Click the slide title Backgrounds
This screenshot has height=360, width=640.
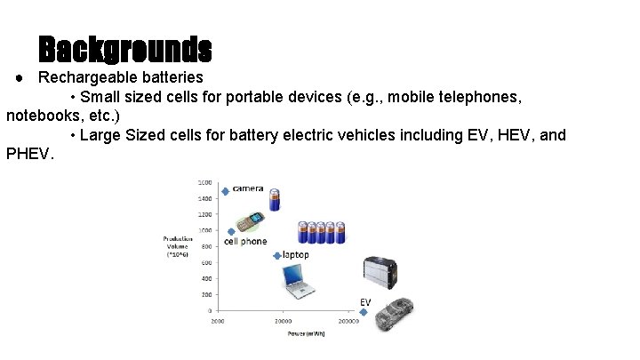[x=125, y=48]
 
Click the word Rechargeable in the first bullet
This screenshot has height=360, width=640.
[x=80, y=77]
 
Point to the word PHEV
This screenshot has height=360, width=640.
[x=28, y=155]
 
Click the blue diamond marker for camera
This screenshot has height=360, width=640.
[x=226, y=191]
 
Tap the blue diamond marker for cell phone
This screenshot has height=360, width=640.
[x=231, y=232]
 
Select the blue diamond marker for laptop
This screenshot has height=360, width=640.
[x=277, y=256]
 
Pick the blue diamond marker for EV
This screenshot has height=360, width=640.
[x=364, y=312]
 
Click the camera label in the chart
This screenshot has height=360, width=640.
[x=248, y=189]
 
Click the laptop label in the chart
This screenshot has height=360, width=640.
[x=296, y=255]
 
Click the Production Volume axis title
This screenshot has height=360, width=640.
[x=178, y=245]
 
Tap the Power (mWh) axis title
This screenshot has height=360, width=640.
[x=305, y=334]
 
